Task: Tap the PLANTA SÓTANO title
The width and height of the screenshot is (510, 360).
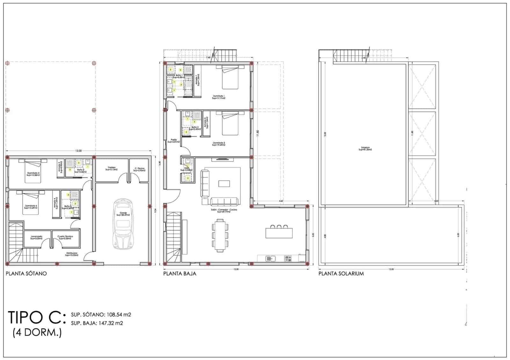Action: (26, 273)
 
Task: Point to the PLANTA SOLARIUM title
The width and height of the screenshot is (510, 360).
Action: (341, 273)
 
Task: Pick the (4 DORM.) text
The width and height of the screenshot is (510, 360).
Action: (37, 333)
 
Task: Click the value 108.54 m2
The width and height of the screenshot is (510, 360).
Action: (118, 315)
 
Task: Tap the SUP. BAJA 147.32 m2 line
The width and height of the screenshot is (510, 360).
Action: (97, 323)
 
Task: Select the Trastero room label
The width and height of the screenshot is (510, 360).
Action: (111, 168)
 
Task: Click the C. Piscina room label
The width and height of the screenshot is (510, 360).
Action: (139, 169)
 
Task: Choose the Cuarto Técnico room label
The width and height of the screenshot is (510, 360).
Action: (65, 237)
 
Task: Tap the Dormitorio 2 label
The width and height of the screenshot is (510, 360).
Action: (219, 144)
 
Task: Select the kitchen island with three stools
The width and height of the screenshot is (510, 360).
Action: (279, 232)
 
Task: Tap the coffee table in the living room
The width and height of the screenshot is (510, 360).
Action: (224, 184)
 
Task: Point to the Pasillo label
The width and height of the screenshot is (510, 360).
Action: (174, 140)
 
